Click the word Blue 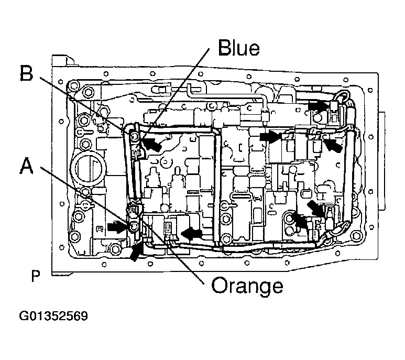(x=238, y=48)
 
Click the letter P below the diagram (x=36, y=276)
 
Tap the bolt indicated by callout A (x=133, y=226)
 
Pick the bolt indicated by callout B (x=134, y=137)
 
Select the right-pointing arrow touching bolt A (x=117, y=226)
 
